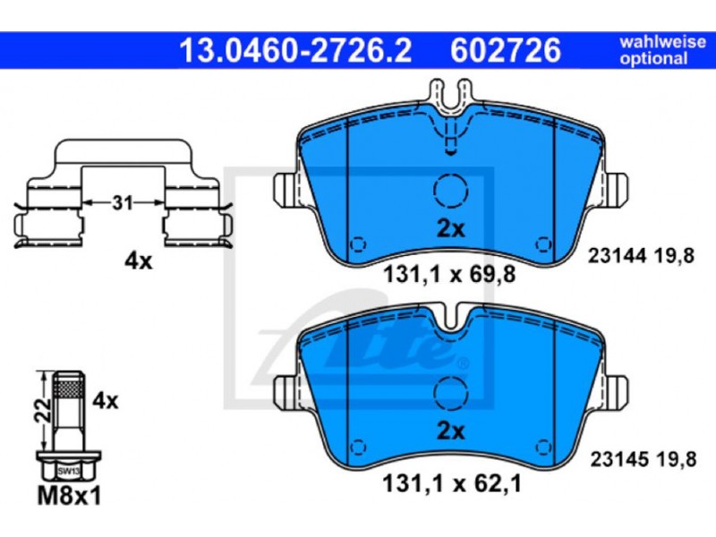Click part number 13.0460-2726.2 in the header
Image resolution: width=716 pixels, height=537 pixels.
(x=295, y=50)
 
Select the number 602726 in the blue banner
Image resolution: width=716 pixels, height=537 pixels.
(x=506, y=50)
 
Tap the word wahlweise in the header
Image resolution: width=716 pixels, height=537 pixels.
(x=662, y=42)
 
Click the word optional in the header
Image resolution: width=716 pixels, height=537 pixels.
(x=653, y=58)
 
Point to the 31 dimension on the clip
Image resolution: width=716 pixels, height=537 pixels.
(x=123, y=202)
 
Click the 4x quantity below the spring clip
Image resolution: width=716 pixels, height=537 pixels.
(x=139, y=261)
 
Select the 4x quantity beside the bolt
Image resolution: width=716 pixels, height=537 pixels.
(x=105, y=401)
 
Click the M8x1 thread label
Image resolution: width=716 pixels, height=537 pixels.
(x=69, y=496)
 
